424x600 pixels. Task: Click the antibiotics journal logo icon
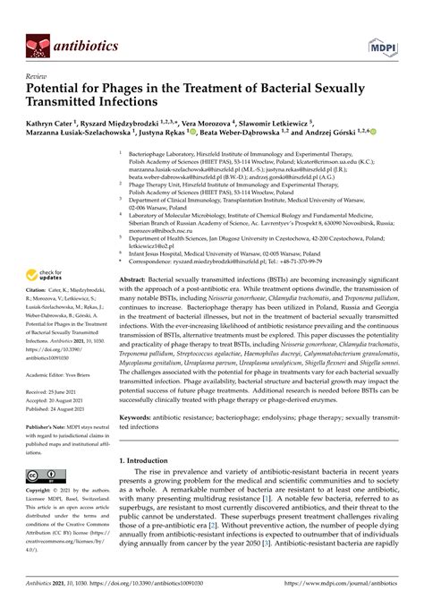pos(36,43)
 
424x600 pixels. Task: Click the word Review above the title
pos(37,78)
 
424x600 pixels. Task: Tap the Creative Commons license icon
pos(44,476)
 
